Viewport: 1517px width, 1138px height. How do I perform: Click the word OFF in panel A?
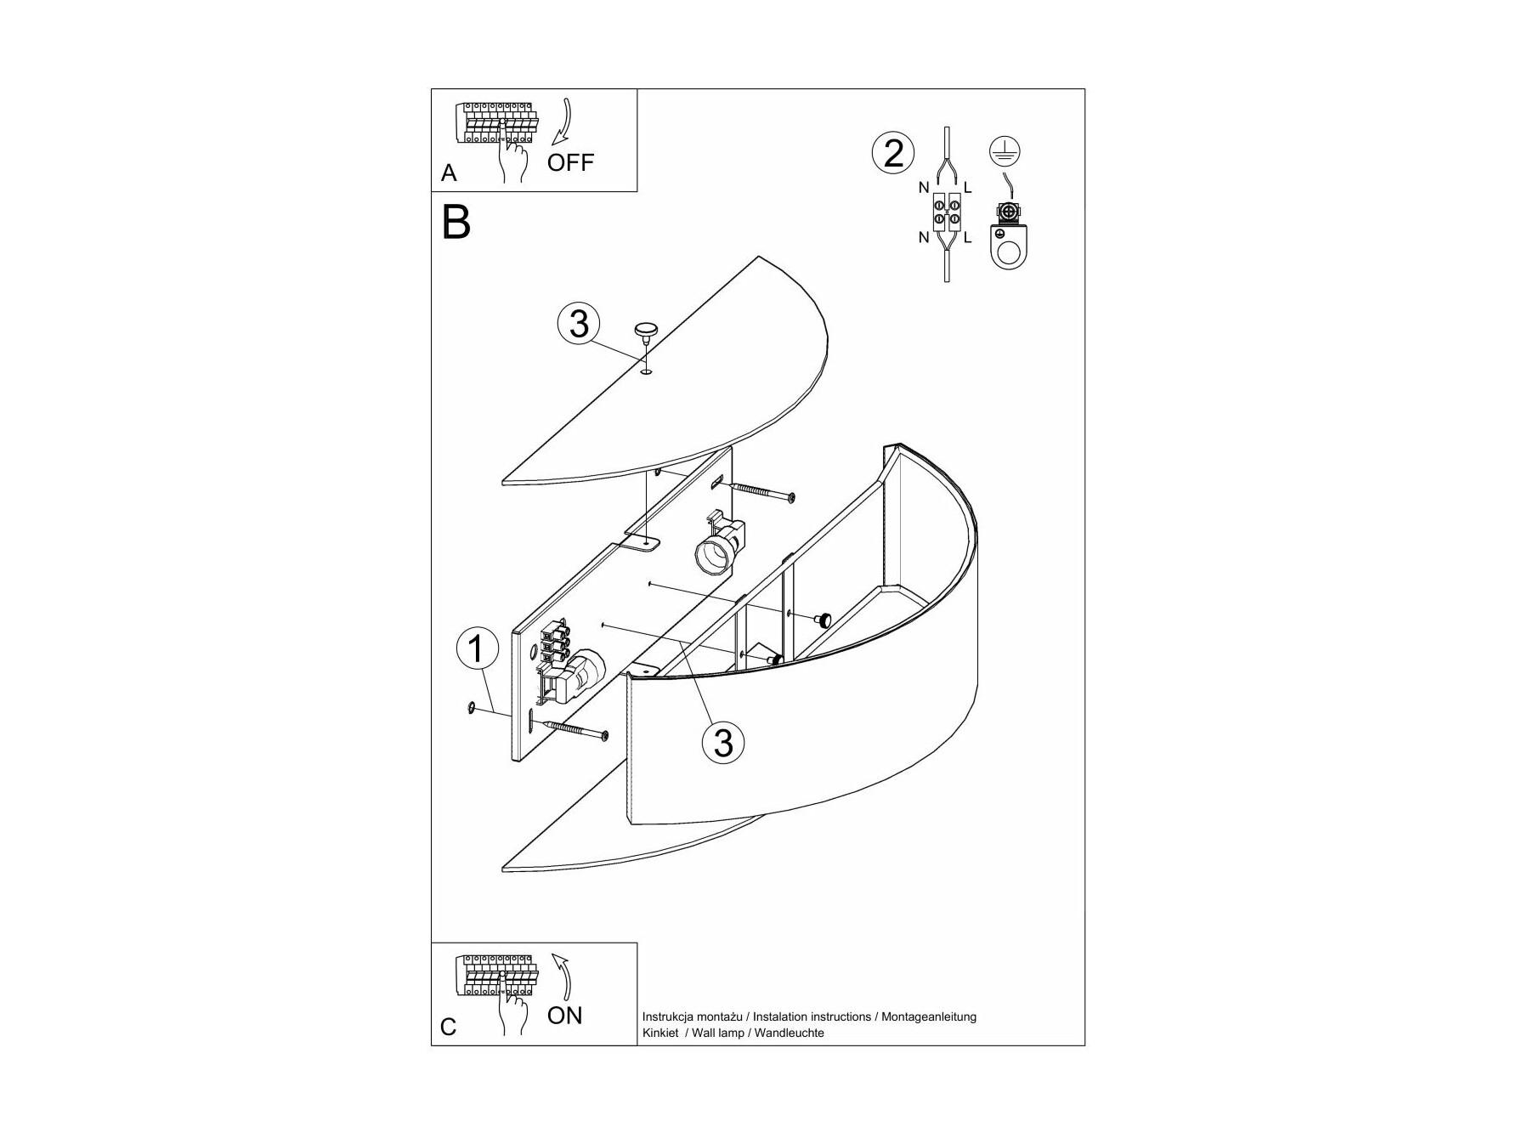(570, 162)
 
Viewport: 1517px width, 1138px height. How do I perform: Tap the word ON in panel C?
(564, 1016)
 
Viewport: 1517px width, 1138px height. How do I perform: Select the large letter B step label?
(456, 223)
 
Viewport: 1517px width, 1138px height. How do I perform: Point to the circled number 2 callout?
(893, 154)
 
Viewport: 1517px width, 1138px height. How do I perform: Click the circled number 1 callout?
(476, 649)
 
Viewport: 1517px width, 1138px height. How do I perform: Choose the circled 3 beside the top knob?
(579, 324)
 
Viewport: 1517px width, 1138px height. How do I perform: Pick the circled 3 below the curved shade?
(723, 742)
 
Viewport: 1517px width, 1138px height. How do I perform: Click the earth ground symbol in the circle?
(1005, 152)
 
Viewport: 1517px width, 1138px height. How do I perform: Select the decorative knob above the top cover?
(647, 330)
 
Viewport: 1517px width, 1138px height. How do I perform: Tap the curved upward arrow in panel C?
(563, 977)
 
